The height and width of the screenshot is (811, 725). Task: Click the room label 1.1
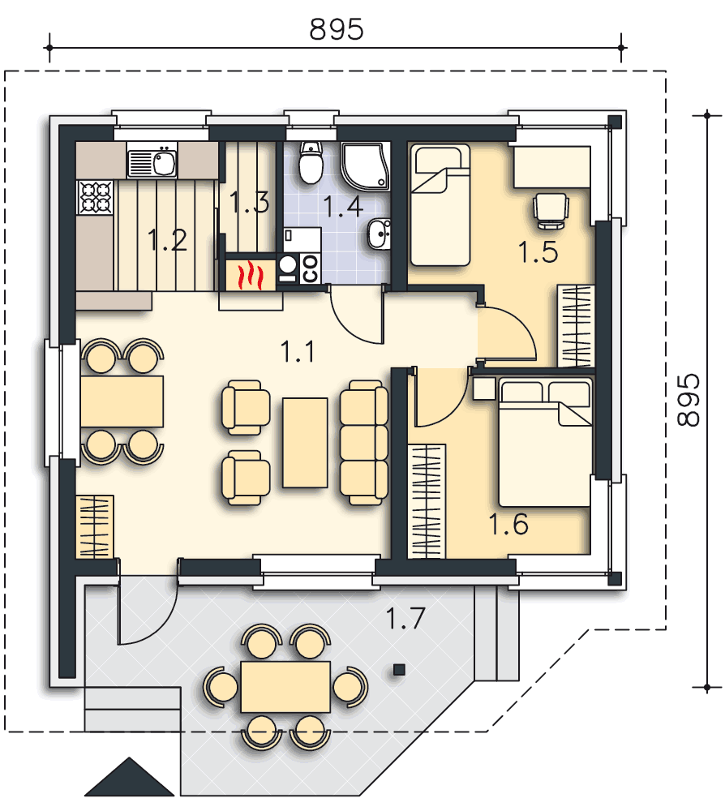[298, 352]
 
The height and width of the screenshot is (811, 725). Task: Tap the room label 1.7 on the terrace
[405, 618]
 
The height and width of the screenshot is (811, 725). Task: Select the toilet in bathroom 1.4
[311, 162]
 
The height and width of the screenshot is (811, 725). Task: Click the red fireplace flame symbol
[250, 275]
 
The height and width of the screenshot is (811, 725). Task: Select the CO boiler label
[311, 269]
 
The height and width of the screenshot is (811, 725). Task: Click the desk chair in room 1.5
[551, 211]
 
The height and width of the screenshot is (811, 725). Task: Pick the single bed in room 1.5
[440, 205]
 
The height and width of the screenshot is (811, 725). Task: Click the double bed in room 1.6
[544, 442]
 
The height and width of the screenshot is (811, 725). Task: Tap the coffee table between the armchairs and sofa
[305, 442]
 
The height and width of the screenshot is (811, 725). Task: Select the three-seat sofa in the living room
[364, 443]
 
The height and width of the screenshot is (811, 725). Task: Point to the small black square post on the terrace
[399, 670]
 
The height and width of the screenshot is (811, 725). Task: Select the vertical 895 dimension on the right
[689, 400]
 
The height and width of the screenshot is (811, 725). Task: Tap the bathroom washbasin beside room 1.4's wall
[380, 234]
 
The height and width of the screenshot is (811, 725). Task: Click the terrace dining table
[285, 687]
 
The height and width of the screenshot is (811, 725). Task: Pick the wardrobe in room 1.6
[427, 501]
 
